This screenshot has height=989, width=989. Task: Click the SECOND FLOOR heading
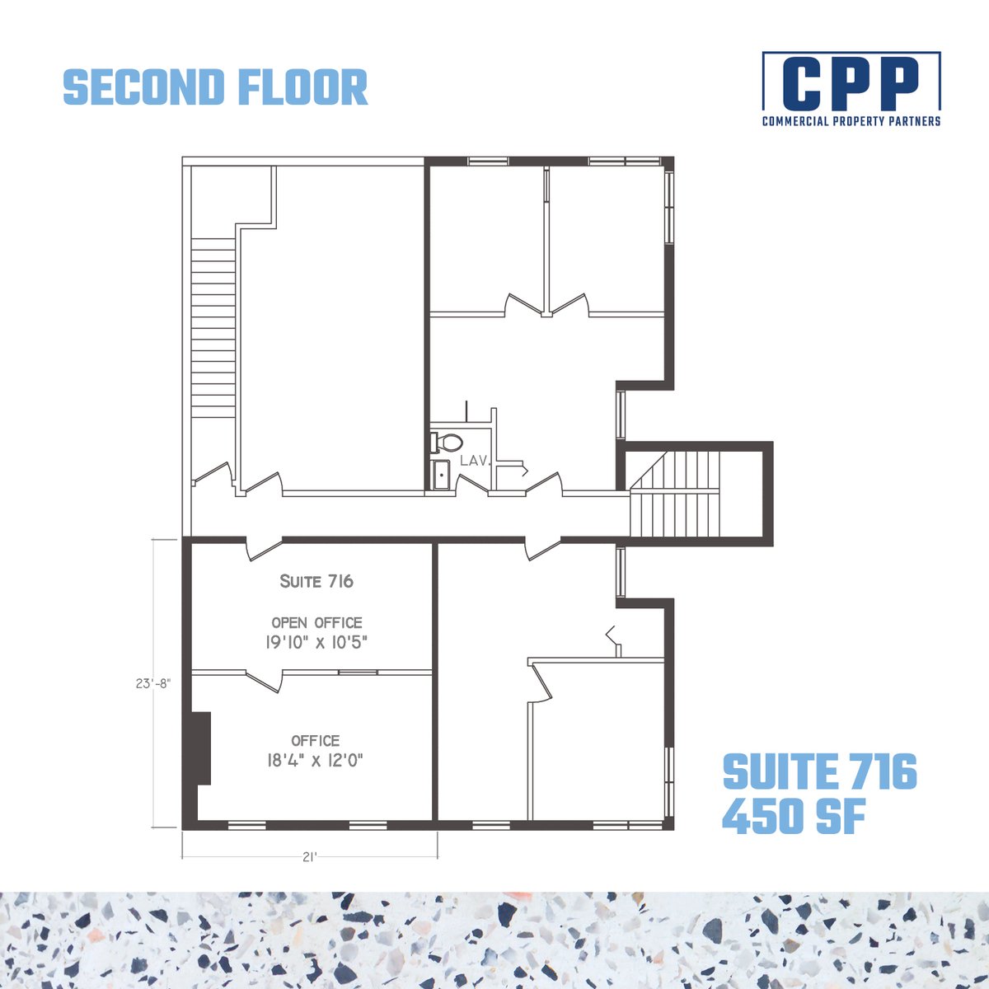point(215,87)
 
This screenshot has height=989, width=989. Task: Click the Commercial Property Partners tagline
point(851,121)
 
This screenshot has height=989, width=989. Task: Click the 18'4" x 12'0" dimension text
point(315,761)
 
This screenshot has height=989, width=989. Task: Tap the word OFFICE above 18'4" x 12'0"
point(315,741)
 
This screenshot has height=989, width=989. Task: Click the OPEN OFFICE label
point(316,622)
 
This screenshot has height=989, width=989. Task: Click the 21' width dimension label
point(309,857)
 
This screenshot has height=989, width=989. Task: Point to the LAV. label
point(476,461)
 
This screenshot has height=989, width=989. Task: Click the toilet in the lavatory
point(446,443)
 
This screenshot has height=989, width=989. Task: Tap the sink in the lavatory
point(441,476)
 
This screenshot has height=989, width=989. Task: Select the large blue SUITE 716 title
point(819,772)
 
